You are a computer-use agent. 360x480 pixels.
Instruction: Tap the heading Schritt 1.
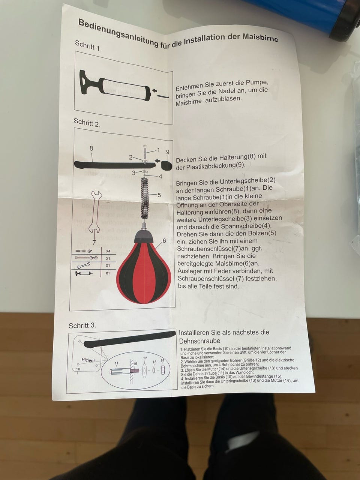click(x=88, y=46)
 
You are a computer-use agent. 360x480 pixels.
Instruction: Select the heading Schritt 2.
click(x=87, y=123)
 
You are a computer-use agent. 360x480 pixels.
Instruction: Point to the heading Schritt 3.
click(x=82, y=325)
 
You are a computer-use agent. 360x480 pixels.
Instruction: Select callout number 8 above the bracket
click(x=91, y=148)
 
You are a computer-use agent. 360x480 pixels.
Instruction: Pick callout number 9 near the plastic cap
click(x=168, y=152)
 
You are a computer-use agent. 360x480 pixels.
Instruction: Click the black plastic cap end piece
click(x=166, y=165)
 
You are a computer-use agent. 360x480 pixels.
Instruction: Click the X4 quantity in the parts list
click(x=108, y=251)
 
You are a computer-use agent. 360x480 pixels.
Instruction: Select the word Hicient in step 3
click(x=88, y=360)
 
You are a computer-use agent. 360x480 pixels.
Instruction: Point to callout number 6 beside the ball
click(x=164, y=241)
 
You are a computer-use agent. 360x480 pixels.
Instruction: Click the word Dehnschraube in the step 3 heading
click(x=199, y=341)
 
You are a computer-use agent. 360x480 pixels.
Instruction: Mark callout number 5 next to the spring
click(x=159, y=195)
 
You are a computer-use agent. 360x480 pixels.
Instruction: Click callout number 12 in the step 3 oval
click(x=145, y=358)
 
